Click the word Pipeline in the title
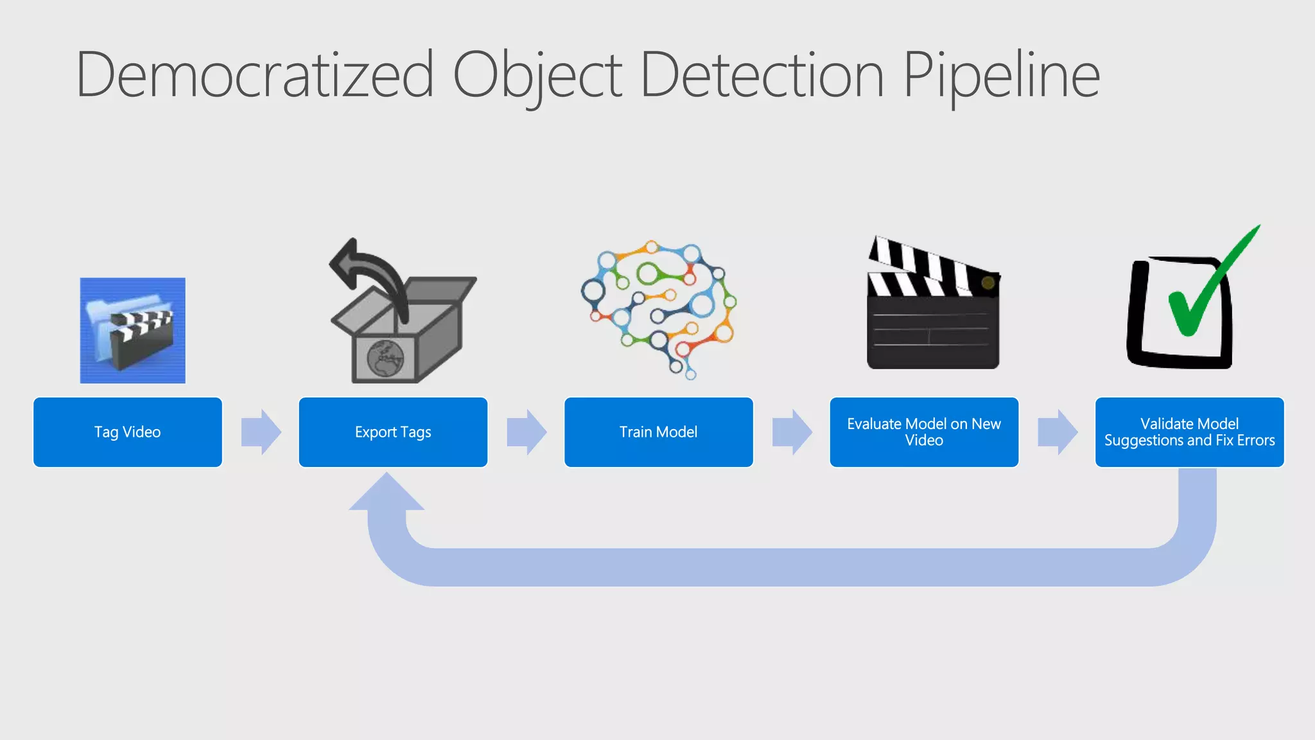[x=1002, y=75]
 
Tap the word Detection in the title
[x=763, y=75]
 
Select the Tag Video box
[x=128, y=432]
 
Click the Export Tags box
[x=393, y=432]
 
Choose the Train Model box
[x=658, y=432]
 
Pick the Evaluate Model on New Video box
[x=924, y=432]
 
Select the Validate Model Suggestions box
[x=1189, y=432]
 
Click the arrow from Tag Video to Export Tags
[x=261, y=432]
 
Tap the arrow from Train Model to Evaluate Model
[x=792, y=432]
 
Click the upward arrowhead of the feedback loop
[x=387, y=493]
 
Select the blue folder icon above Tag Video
[x=132, y=330]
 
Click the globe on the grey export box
[x=385, y=358]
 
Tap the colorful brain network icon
[x=659, y=308]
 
